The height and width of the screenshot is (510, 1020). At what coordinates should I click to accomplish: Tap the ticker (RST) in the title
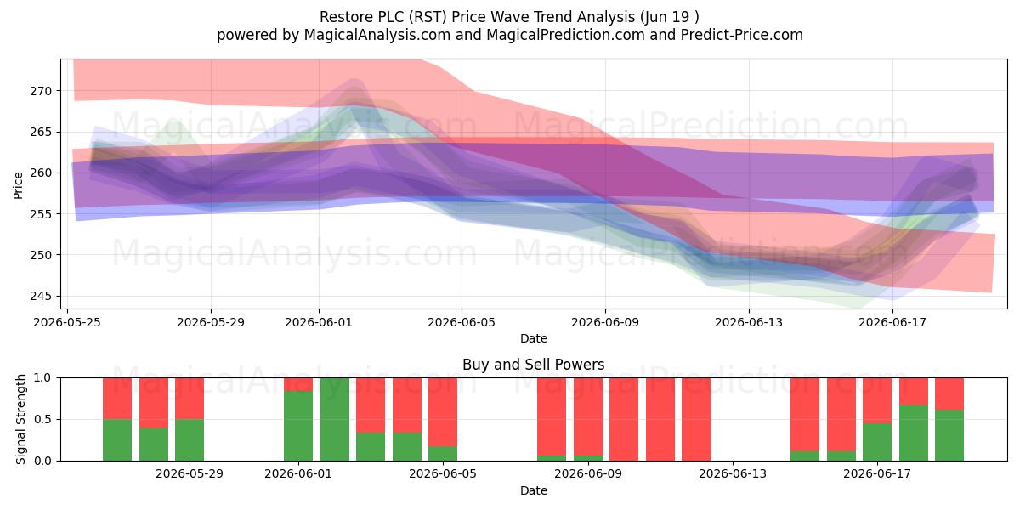[x=429, y=17]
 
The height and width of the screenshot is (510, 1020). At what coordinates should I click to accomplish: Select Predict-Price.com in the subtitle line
[x=742, y=35]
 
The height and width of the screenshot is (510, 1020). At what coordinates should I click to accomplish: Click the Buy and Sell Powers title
[x=533, y=365]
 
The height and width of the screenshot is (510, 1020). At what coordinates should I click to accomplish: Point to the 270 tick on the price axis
[x=41, y=91]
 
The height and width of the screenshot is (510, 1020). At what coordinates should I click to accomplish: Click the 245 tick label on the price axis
[x=41, y=297]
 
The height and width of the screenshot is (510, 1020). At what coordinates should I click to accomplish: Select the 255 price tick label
[x=41, y=214]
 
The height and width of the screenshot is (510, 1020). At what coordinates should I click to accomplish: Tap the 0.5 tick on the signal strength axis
[x=42, y=419]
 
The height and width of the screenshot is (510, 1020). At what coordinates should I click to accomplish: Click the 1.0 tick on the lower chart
[x=42, y=378]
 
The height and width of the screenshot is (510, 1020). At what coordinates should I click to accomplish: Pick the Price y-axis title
[x=18, y=185]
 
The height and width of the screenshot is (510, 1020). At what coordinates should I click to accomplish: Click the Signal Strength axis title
[x=20, y=419]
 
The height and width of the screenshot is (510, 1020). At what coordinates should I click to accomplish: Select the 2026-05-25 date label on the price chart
[x=67, y=322]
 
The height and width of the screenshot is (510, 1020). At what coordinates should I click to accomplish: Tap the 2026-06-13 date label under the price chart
[x=749, y=322]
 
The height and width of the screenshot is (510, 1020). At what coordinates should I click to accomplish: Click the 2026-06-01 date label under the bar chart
[x=298, y=473]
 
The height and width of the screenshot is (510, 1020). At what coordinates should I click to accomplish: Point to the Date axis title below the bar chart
[x=534, y=490]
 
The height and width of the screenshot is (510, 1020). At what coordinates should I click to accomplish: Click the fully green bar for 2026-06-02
[x=335, y=419]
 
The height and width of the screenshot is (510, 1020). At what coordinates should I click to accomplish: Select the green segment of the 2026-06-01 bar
[x=298, y=426]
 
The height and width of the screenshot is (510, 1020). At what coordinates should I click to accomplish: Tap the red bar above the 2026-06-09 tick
[x=588, y=416]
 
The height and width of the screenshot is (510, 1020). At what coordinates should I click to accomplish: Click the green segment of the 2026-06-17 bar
[x=877, y=442]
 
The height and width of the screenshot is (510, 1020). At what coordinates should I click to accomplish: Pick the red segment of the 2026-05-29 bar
[x=190, y=399]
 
